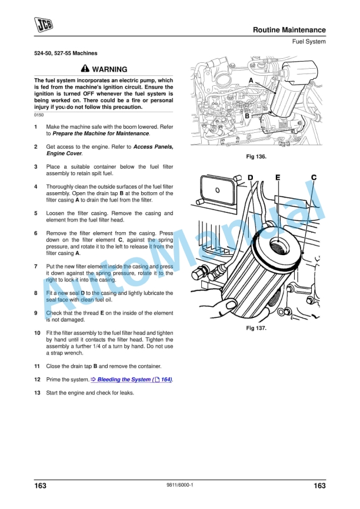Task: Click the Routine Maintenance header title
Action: (x=289, y=30)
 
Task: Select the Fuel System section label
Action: (x=308, y=42)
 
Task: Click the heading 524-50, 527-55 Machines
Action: (x=66, y=53)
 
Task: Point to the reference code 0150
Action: (x=39, y=115)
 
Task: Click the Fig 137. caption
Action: (x=256, y=329)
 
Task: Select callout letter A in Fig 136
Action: (x=251, y=81)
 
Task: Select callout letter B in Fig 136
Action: (x=247, y=116)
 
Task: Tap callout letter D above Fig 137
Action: (x=251, y=177)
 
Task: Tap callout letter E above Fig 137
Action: (x=278, y=177)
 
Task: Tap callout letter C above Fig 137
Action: (x=314, y=177)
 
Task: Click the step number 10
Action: (x=37, y=333)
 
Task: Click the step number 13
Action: (x=37, y=393)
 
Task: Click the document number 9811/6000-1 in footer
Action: (x=180, y=485)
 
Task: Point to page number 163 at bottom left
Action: (x=40, y=485)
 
